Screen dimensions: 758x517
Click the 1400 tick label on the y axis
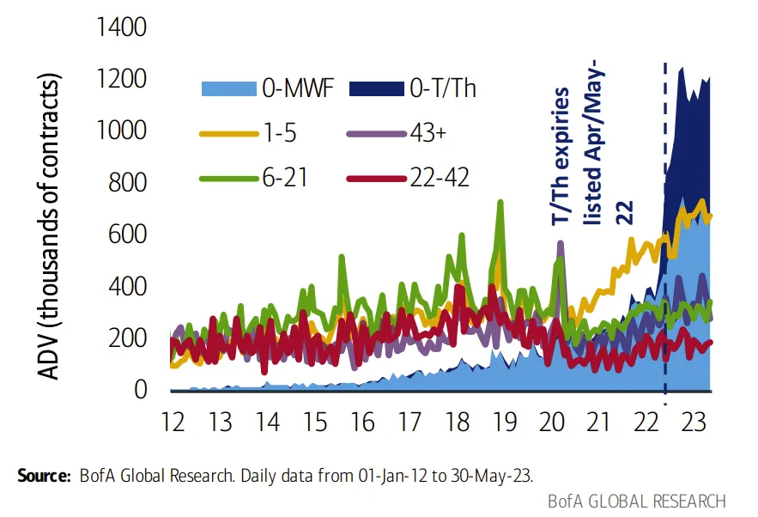click(121, 27)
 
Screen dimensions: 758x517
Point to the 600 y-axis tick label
click(127, 234)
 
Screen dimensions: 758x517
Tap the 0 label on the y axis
click(141, 390)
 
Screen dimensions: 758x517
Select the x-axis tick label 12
click(173, 422)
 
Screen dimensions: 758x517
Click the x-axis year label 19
click(505, 422)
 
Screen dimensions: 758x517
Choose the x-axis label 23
click(694, 422)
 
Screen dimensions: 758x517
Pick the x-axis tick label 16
click(362, 422)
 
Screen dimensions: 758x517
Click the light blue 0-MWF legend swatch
click(228, 89)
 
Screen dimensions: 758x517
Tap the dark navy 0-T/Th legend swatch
click(377, 89)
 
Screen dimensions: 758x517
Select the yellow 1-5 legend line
click(228, 133)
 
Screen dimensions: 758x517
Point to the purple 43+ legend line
click(377, 133)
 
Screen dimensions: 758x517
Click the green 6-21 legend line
click(228, 179)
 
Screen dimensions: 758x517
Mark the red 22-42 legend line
click(377, 179)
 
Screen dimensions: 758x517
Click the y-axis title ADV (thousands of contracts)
click(49, 227)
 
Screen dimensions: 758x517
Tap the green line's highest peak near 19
click(500, 202)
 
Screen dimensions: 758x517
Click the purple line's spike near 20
click(561, 243)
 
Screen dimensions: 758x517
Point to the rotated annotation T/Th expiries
click(561, 155)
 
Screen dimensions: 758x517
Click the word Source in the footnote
click(44, 476)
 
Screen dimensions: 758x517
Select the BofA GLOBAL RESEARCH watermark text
click(637, 502)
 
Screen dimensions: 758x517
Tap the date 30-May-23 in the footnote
click(491, 476)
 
